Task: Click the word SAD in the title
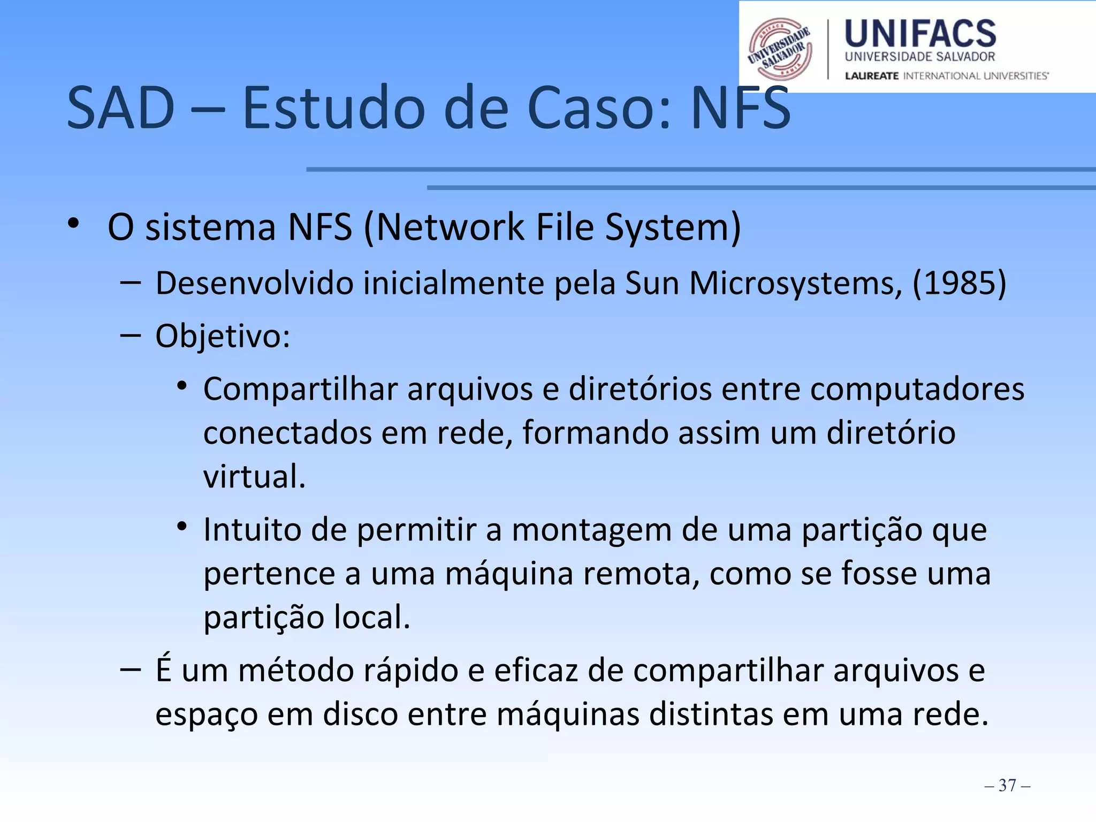pos(120,109)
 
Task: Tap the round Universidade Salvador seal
pos(780,49)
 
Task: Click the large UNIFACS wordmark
pos(920,34)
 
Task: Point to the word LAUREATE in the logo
pos(872,76)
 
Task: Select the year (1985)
pos(959,283)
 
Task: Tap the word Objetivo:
pos(223,337)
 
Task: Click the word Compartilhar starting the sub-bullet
pos(300,389)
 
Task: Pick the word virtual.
pos(254,476)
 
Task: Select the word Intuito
pos(252,530)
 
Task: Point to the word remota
pos(641,574)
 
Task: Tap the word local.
pos(371,617)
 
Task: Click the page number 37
pos(1007,785)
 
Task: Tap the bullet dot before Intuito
pos(182,527)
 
